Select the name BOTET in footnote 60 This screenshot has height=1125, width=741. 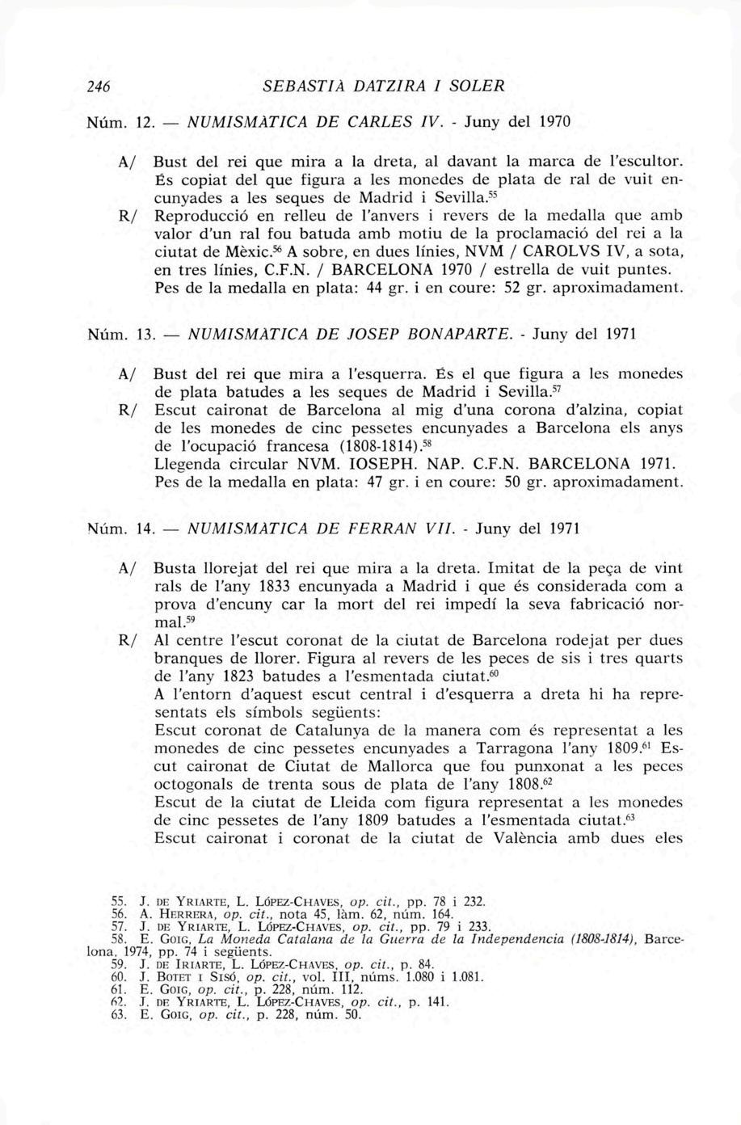[170, 976]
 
